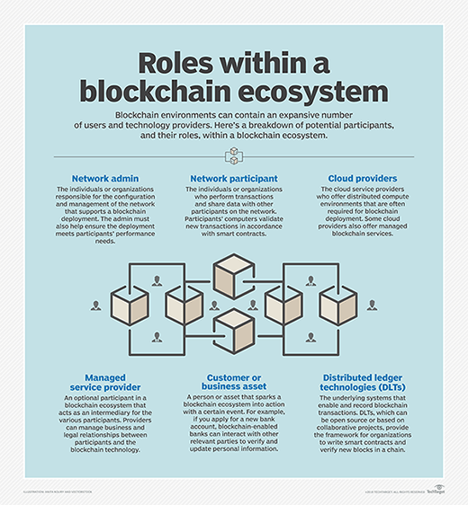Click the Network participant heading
pyautogui.click(x=234, y=179)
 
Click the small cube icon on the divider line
pyautogui.click(x=234, y=155)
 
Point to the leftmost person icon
pyautogui.click(x=94, y=306)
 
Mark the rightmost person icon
pyautogui.click(x=376, y=306)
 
